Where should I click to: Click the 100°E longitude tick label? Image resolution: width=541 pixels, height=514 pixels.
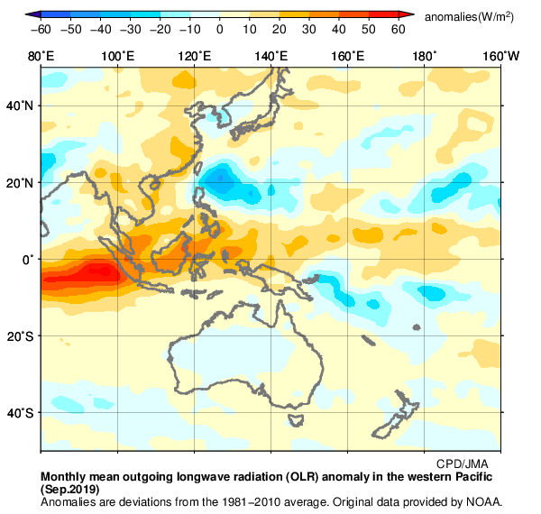[x=117, y=57]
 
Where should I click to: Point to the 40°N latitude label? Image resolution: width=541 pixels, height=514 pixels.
[x=21, y=106]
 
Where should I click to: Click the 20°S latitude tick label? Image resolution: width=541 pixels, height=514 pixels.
[x=21, y=336]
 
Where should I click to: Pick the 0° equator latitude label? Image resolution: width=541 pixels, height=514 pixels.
[x=28, y=260]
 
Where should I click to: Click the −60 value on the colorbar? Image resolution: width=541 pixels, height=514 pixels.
[x=41, y=30]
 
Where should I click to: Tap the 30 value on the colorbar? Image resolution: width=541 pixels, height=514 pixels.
[x=309, y=30]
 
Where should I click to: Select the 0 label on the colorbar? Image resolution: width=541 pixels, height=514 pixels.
[x=220, y=30]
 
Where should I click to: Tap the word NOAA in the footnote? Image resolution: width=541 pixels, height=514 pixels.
[x=483, y=501]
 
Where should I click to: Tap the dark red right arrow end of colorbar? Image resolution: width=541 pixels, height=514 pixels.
[x=407, y=15]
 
